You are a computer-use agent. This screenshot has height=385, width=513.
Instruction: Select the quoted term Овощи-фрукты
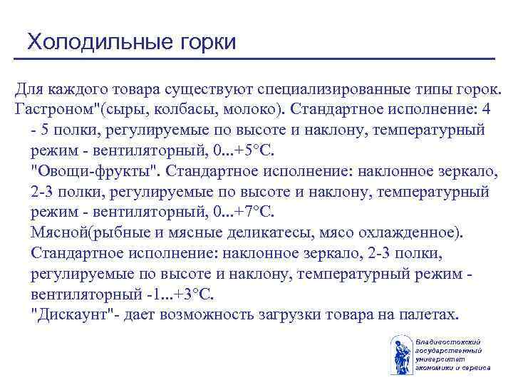(x=85, y=172)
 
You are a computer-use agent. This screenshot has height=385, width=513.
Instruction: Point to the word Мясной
(x=61, y=232)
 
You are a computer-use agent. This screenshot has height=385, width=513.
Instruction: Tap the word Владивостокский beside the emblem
(x=449, y=344)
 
